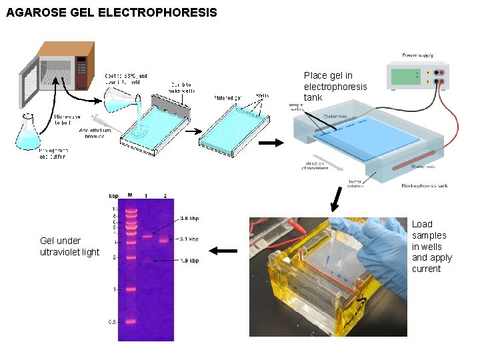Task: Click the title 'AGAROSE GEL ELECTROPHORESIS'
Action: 111,13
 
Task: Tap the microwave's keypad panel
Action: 82,67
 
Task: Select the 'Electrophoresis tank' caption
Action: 425,186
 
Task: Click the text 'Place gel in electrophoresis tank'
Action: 335,87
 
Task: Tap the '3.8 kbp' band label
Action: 189,219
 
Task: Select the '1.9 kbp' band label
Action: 189,261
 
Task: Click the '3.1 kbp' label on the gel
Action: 189,238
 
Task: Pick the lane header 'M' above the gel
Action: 130,195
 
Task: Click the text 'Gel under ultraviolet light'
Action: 69,246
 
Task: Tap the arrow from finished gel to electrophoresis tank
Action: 270,143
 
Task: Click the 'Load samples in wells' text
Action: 431,247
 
